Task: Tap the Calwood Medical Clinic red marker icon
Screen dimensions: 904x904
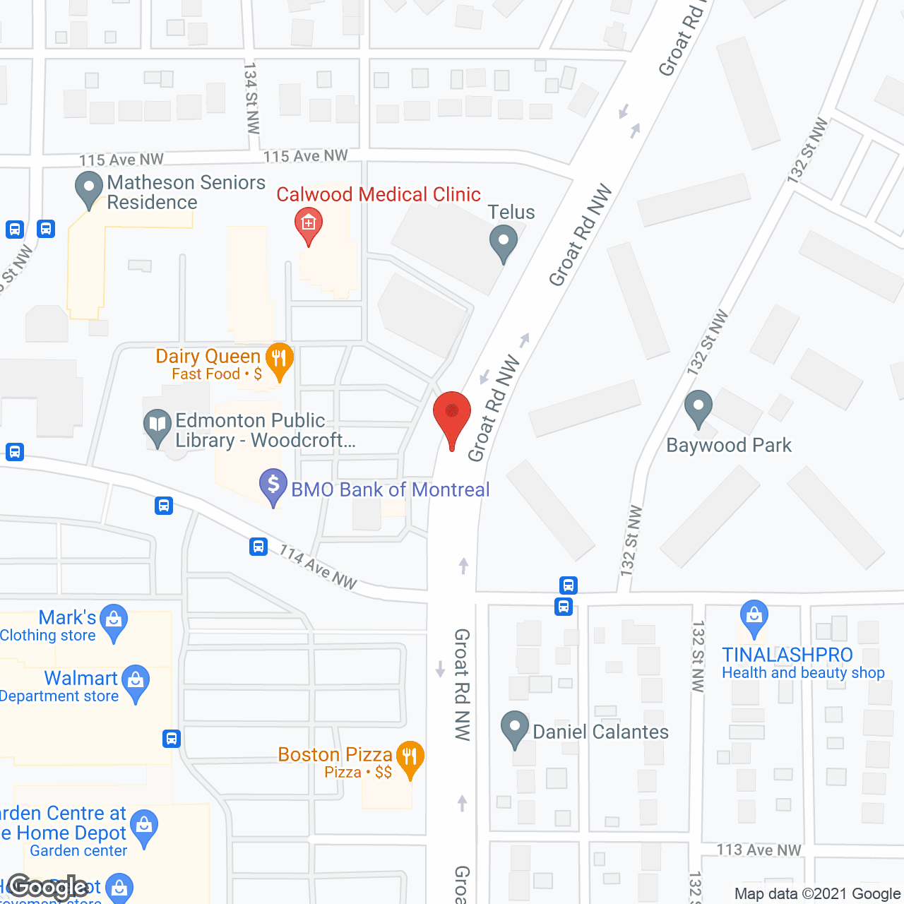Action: [309, 225]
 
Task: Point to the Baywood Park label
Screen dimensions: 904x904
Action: [729, 446]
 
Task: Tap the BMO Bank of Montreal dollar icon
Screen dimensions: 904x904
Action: [273, 485]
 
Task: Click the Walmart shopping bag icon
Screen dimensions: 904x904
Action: [136, 682]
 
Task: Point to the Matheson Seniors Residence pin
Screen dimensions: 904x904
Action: [89, 189]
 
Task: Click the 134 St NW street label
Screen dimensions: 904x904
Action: [251, 97]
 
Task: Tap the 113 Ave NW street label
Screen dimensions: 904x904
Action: [759, 850]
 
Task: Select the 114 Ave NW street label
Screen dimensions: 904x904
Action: [318, 567]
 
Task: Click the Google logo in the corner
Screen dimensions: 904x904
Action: [48, 887]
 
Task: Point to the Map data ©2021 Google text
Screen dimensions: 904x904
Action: [818, 894]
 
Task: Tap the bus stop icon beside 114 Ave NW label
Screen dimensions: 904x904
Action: [258, 547]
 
